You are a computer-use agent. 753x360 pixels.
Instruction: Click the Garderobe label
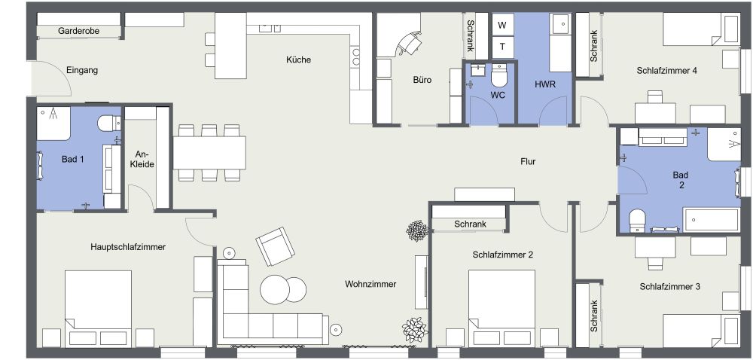[x=79, y=31]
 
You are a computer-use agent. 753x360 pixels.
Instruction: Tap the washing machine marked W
[x=502, y=25]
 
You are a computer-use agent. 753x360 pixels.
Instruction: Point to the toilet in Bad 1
[x=107, y=123]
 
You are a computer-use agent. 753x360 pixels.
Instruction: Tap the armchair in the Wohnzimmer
[x=275, y=246]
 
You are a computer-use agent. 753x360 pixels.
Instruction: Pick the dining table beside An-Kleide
[x=209, y=153]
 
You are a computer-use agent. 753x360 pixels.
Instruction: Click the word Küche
[x=298, y=59]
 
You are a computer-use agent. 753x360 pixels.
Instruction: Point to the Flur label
[x=528, y=161]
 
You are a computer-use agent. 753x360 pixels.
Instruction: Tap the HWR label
[x=545, y=84]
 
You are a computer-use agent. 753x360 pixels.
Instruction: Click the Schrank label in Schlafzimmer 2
[x=470, y=224]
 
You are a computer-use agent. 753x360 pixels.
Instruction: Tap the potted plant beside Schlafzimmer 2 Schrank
[x=415, y=230]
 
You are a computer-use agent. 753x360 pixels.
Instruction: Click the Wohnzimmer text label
[x=370, y=284]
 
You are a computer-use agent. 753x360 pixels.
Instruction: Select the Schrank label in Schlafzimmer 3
[x=594, y=316]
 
